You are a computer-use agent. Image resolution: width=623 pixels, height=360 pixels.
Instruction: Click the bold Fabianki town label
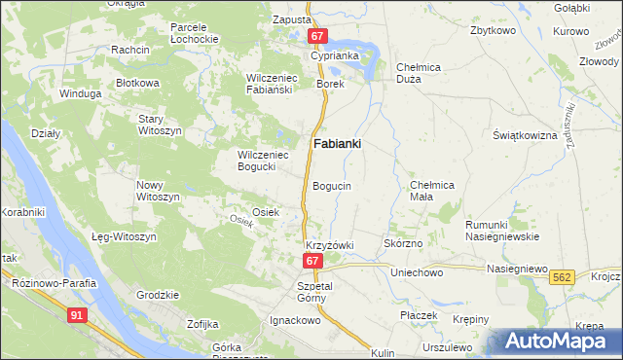pyautogui.click(x=338, y=144)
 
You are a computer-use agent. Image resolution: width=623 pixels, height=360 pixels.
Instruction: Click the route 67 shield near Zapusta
pyautogui.click(x=317, y=36)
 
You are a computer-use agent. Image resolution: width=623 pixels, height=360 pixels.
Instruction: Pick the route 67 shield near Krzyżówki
pyautogui.click(x=311, y=261)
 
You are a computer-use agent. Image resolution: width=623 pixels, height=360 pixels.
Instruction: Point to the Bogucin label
pyautogui.click(x=332, y=185)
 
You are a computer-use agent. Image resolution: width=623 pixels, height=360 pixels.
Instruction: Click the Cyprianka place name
pyautogui.click(x=335, y=55)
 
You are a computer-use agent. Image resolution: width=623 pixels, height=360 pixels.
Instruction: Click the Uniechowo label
pyautogui.click(x=417, y=273)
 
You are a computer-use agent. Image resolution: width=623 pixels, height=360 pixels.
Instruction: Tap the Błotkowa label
pyautogui.click(x=137, y=84)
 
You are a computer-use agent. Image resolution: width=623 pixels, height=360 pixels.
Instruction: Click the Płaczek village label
pyautogui.click(x=420, y=316)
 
